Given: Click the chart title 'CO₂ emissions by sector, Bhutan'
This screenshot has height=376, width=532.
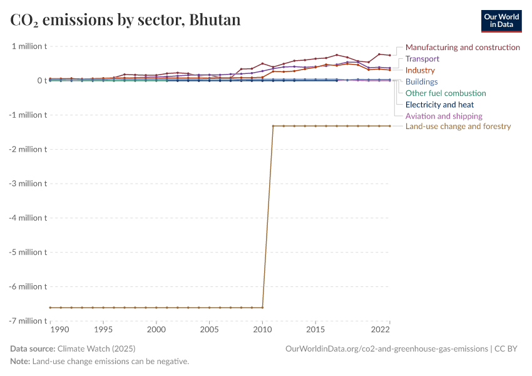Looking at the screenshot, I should point(125,20).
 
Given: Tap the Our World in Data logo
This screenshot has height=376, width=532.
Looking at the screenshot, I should point(501,21).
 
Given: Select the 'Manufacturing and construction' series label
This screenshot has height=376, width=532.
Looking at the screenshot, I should point(463,48).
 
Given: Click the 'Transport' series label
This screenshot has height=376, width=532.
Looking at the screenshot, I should point(422,59).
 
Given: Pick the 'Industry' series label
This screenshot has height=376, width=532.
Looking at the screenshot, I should point(420,70).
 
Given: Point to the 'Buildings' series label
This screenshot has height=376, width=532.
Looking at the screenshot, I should point(421,82).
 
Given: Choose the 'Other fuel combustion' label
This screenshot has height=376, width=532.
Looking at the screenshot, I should point(446,93).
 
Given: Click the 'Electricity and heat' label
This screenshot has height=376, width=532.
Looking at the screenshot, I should point(439,105).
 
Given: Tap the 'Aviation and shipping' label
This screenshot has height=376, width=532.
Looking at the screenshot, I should point(444,116).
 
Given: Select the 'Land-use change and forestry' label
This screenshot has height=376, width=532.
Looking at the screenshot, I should point(458,127).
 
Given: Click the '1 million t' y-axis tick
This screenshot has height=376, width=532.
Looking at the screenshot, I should point(29,46).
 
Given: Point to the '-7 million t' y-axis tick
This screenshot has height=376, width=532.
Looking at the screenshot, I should point(27,321).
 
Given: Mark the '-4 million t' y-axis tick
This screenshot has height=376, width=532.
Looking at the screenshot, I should point(27,218).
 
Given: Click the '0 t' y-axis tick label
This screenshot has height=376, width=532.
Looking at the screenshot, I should point(41,81).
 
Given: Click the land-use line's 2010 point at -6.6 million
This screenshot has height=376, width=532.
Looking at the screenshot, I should point(262,307).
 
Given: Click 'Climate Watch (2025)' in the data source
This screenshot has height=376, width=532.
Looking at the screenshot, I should point(96,348).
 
